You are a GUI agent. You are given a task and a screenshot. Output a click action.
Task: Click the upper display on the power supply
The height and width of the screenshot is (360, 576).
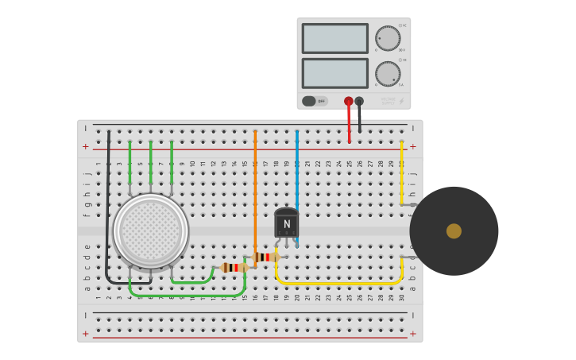(x=334, y=38)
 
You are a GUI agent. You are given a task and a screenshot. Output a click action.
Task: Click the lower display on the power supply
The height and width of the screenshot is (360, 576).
(x=334, y=73)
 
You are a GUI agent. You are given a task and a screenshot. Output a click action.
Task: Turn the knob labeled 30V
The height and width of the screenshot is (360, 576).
(x=388, y=38)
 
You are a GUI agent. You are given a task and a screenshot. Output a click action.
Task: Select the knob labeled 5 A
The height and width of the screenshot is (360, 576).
(x=388, y=74)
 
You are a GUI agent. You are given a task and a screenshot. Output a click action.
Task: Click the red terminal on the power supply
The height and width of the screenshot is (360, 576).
(x=348, y=101)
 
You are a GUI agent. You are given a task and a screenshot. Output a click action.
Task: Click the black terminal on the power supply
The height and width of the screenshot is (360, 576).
(x=359, y=101)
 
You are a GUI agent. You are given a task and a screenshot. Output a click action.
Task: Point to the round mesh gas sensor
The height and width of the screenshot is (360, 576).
(x=151, y=230)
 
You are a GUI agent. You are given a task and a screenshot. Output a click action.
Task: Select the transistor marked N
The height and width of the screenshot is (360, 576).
(x=286, y=223)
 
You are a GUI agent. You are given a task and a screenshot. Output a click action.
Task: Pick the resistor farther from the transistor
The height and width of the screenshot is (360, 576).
(x=232, y=267)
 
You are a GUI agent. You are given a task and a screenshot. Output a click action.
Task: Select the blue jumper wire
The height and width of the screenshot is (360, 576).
(x=296, y=167)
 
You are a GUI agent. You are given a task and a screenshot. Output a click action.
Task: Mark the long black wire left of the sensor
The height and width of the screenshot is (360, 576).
(x=108, y=207)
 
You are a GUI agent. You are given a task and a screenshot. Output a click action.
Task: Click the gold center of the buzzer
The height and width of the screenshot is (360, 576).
(x=454, y=231)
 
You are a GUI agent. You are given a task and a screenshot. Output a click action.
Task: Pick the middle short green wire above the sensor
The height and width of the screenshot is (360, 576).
(x=150, y=163)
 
